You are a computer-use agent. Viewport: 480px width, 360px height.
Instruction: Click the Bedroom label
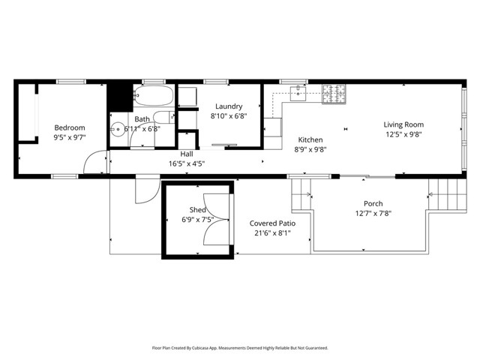tap(68, 127)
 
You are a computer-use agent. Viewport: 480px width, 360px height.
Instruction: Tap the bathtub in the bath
tap(153, 96)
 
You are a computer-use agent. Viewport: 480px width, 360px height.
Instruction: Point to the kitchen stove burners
tap(334, 94)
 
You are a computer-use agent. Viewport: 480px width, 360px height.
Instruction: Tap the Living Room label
tap(403, 124)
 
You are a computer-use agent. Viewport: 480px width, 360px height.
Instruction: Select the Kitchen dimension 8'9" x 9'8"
tap(310, 149)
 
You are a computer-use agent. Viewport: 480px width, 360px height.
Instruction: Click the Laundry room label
tap(227, 106)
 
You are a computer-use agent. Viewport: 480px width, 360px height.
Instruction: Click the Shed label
tap(197, 209)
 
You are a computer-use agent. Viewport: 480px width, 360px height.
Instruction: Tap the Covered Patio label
tap(271, 223)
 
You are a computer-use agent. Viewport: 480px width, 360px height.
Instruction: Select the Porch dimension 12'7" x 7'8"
tap(373, 214)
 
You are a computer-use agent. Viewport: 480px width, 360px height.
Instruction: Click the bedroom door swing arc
tap(94, 163)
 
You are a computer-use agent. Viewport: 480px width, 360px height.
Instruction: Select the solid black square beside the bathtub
tap(118, 96)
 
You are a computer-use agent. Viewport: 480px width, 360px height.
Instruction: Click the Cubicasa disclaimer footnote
tap(240, 348)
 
